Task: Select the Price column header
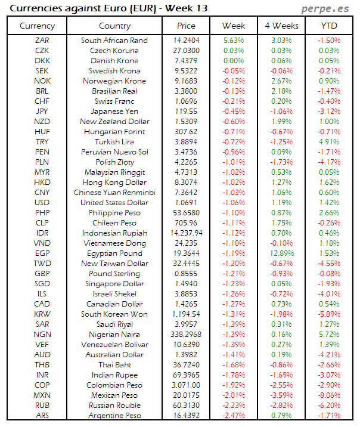(x=186, y=26)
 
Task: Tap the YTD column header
(x=328, y=26)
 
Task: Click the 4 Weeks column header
(x=281, y=26)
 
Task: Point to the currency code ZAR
(x=42, y=41)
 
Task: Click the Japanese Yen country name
(x=115, y=112)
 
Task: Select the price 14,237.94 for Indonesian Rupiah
(x=186, y=233)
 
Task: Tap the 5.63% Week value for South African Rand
(x=234, y=41)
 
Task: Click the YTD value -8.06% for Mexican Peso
(x=328, y=395)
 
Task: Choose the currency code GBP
(x=42, y=274)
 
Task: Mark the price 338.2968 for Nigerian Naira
(x=186, y=335)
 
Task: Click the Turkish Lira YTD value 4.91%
(x=328, y=142)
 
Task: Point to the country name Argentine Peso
(x=115, y=416)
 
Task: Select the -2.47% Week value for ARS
(x=234, y=416)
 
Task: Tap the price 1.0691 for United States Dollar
(x=186, y=203)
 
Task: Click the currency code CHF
(x=42, y=101)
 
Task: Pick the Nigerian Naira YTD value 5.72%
(x=328, y=335)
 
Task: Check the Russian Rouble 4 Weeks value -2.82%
(x=281, y=406)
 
